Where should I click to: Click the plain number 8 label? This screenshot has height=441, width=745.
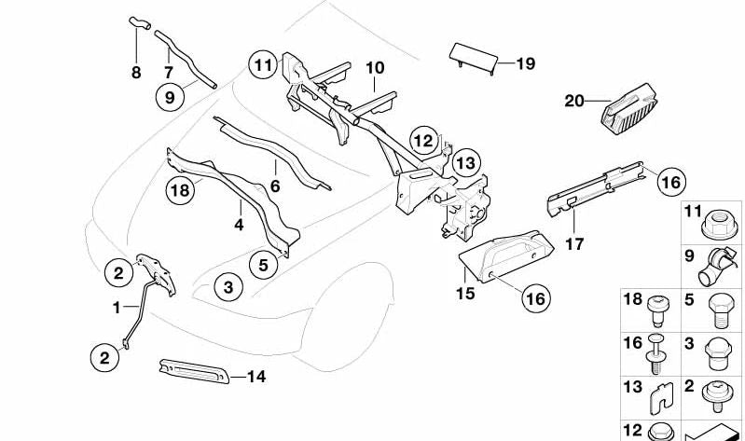pos(136,72)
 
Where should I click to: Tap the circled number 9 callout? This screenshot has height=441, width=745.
pos(170,95)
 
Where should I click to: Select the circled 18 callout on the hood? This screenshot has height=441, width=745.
pos(180,193)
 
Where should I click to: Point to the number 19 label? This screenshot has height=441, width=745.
pos(526,63)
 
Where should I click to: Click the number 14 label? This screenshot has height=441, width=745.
pos(256,377)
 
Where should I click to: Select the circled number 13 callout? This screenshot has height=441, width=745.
pos(466,163)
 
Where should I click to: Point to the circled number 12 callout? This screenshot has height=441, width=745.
pos(424,141)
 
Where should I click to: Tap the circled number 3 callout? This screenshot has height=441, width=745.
pos(228,287)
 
